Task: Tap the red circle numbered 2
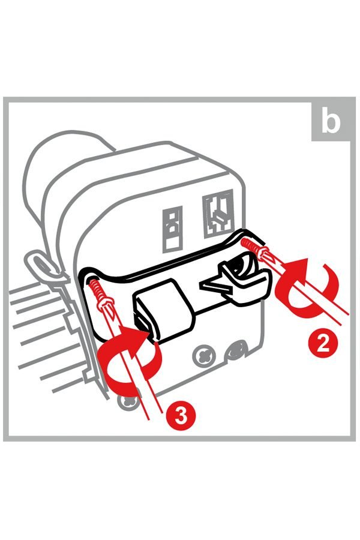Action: pos(322,343)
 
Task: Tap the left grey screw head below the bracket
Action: pos(202,356)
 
